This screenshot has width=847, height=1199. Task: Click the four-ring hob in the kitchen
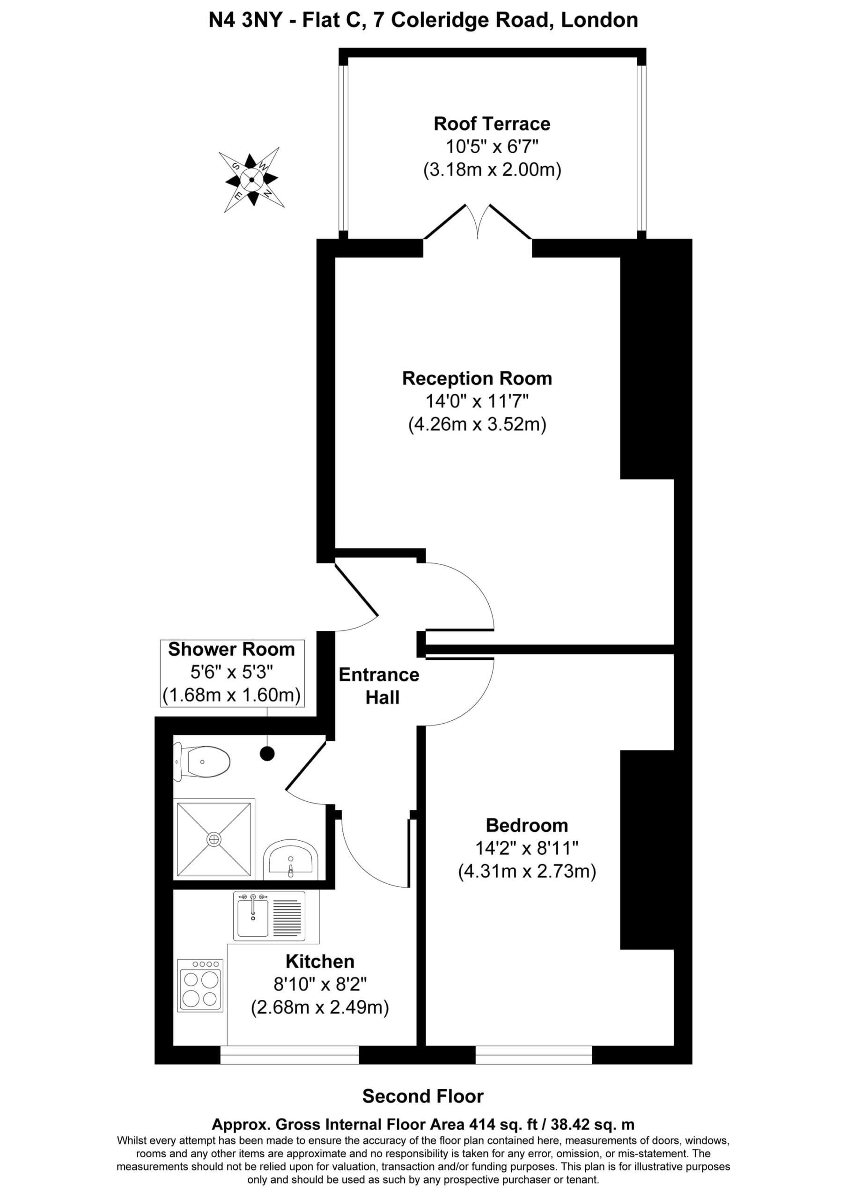click(x=200, y=985)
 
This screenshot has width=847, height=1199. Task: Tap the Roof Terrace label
click(x=492, y=124)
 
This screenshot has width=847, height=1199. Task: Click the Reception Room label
click(x=477, y=378)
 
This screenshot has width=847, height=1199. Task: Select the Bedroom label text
click(x=527, y=825)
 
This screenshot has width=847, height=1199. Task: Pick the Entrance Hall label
click(x=379, y=686)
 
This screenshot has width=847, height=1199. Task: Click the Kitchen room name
click(x=320, y=962)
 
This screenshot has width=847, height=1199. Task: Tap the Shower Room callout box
click(x=232, y=674)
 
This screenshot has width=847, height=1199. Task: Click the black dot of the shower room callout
click(x=267, y=754)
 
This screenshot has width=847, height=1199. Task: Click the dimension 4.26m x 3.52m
click(x=477, y=424)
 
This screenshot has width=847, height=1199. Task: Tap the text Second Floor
click(x=423, y=1096)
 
